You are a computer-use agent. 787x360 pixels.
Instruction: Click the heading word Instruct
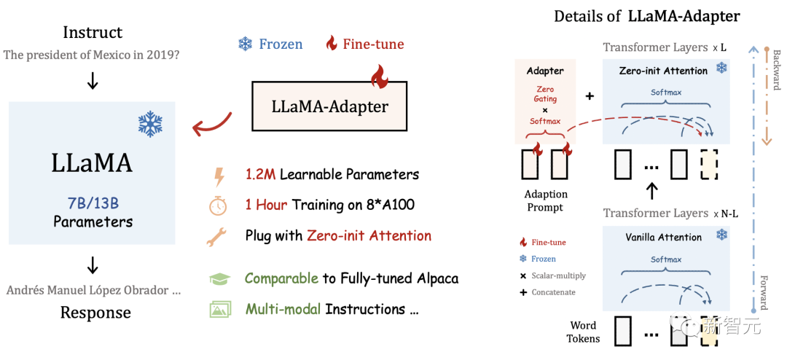[93, 32]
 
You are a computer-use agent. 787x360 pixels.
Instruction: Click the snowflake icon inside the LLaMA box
[150, 124]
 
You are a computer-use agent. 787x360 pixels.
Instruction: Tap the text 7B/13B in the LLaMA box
[93, 201]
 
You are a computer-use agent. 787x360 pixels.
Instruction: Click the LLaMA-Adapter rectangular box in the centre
[329, 106]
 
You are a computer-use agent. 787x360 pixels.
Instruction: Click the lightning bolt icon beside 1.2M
[218, 175]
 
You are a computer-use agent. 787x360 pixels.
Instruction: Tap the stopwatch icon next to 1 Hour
[218, 205]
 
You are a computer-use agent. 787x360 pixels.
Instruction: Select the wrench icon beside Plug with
[218, 235]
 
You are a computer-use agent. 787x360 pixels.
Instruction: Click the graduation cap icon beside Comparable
[219, 279]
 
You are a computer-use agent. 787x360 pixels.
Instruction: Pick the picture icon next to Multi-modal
[219, 309]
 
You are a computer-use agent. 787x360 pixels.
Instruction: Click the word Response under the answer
[95, 313]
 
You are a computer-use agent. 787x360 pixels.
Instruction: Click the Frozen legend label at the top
[281, 44]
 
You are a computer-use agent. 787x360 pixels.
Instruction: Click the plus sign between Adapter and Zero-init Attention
[589, 96]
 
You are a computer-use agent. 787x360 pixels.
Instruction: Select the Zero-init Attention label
[663, 71]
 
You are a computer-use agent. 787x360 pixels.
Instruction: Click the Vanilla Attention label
[663, 237]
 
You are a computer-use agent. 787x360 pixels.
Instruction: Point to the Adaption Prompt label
[545, 200]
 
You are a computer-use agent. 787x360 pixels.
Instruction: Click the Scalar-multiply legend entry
[558, 275]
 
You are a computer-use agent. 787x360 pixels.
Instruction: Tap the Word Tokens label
[583, 332]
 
